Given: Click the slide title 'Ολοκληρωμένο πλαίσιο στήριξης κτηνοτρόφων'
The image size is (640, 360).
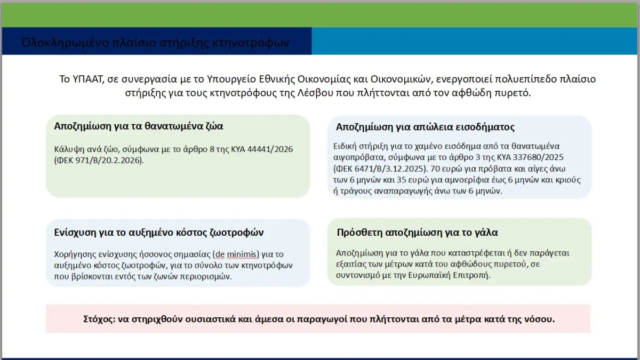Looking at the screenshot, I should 156,42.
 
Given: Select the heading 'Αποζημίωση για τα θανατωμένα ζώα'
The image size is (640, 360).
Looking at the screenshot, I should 139,126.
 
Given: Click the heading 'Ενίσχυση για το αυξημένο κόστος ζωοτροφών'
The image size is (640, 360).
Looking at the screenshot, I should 159,233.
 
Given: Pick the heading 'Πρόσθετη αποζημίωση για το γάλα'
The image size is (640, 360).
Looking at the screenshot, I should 418,233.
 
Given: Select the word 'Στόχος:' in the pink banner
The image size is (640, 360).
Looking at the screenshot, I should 99,319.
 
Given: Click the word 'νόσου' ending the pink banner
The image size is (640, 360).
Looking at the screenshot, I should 541,319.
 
